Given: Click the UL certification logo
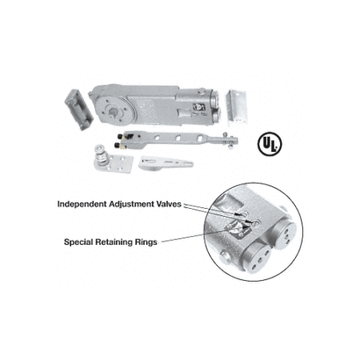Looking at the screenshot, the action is click(x=270, y=144).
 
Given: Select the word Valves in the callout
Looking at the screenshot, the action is click(x=169, y=204).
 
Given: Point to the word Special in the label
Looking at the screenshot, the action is click(x=78, y=242).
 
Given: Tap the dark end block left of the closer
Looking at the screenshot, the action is click(x=79, y=110).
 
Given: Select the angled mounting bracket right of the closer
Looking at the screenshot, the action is click(x=237, y=108).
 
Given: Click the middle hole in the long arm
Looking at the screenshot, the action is click(x=178, y=138).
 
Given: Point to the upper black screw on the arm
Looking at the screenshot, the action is click(x=121, y=137).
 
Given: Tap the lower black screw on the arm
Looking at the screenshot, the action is click(x=117, y=145).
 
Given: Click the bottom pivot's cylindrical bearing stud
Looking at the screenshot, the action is click(x=101, y=154).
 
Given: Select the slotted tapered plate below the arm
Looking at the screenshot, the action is click(x=166, y=162).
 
